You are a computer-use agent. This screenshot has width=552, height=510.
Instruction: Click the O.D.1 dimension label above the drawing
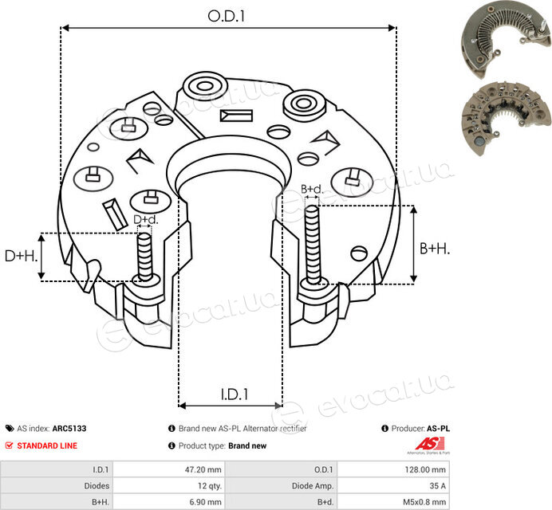point(226,16)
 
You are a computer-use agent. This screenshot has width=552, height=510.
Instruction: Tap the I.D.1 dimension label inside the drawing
point(235,394)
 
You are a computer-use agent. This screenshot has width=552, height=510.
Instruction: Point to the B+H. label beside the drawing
point(435,249)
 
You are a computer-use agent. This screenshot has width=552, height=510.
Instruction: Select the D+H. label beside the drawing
point(21,256)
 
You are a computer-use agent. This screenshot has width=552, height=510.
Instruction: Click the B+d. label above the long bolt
point(312,189)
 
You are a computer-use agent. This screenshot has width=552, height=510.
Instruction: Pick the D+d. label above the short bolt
point(146,219)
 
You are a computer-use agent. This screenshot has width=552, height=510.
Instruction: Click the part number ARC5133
point(69,429)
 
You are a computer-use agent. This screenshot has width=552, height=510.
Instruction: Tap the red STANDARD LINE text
point(47,445)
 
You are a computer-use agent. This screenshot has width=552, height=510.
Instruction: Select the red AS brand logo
point(429,444)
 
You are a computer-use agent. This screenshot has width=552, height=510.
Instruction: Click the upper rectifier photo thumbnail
point(506,39)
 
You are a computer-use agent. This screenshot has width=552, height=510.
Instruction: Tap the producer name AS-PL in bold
point(438,429)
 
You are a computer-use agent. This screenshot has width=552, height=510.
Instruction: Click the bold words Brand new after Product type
point(247,445)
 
